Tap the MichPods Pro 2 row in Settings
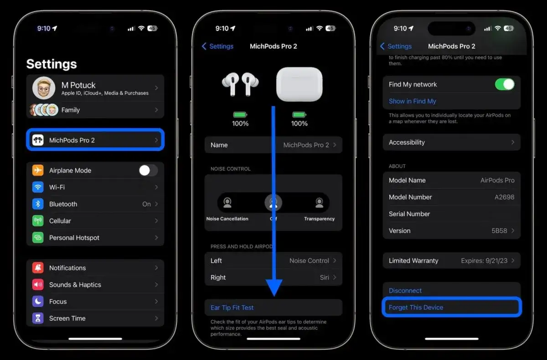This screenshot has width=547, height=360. click(95, 140)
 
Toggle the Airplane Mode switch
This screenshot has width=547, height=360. click(148, 170)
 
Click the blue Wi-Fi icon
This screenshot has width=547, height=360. click(38, 187)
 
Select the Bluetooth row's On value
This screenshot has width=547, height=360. click(146, 204)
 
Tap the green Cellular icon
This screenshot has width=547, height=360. click(38, 221)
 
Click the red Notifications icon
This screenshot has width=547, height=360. click(38, 268)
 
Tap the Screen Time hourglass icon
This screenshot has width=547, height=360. click(38, 319)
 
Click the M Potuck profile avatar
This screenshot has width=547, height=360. click(44, 88)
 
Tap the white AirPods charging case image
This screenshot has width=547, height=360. click(299, 84)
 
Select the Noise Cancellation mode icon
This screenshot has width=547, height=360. click(227, 203)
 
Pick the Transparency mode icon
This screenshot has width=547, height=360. click(320, 203)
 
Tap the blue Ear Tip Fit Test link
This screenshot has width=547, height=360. click(232, 308)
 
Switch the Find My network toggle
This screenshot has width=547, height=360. click(505, 84)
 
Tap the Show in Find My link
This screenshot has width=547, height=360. click(412, 101)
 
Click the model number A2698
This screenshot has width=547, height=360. click(505, 197)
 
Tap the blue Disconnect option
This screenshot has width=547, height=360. click(405, 291)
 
